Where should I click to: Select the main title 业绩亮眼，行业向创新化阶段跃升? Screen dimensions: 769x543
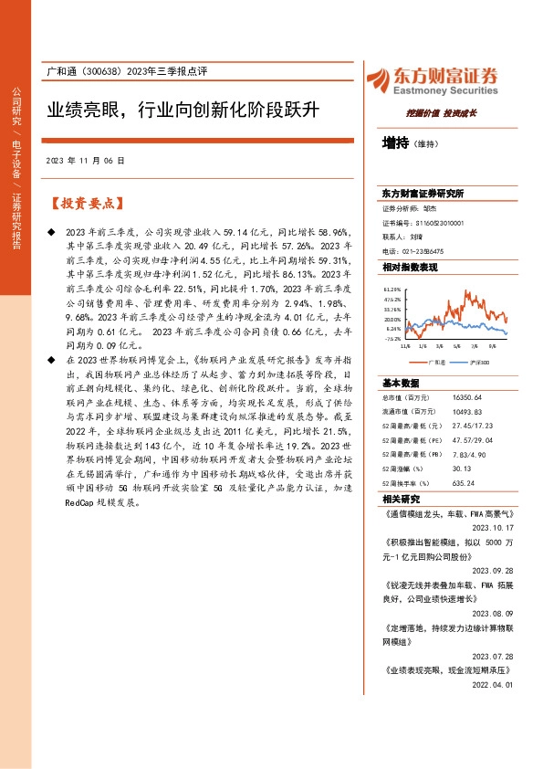[x=183, y=111]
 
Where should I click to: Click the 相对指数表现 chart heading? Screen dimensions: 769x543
[x=410, y=267]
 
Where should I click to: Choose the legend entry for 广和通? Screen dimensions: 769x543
[x=435, y=363]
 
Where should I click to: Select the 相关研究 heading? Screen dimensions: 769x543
[x=402, y=500]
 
